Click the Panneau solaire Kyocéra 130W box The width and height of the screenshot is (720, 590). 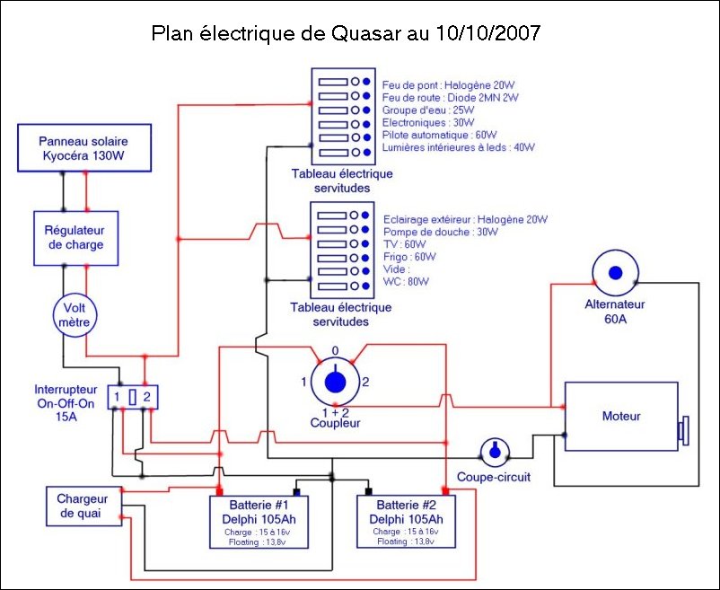[83, 148]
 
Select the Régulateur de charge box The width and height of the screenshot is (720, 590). [75, 238]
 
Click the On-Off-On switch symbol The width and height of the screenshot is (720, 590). [132, 396]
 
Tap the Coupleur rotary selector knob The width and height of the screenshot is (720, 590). [334, 382]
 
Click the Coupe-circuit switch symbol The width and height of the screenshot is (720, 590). [494, 452]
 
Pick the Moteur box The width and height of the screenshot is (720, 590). [620, 417]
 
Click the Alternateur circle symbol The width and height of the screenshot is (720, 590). [615, 274]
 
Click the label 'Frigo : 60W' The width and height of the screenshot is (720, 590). [409, 256]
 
